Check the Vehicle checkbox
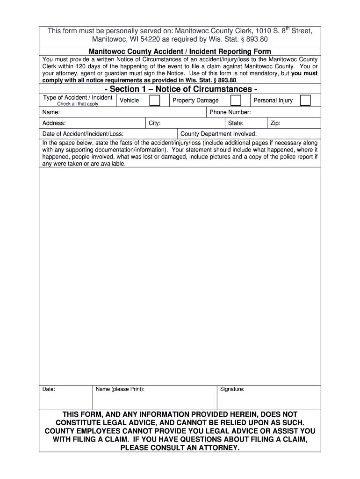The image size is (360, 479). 155,101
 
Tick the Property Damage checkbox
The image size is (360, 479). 236,101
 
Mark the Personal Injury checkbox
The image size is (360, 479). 305,101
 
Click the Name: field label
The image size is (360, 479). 51,112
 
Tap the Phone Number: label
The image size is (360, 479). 230,112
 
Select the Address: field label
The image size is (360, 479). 54,123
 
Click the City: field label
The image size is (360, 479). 155,123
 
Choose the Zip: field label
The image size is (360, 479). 275,123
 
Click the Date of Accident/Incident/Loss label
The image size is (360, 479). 83,134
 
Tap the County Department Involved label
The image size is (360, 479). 218,134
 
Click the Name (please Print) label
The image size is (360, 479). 120,389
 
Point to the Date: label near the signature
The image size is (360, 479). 49,389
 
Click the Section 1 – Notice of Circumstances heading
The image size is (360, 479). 180,89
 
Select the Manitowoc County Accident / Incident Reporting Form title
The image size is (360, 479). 180,51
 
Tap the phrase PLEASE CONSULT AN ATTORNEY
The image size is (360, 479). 180,448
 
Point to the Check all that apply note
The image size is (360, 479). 78,104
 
